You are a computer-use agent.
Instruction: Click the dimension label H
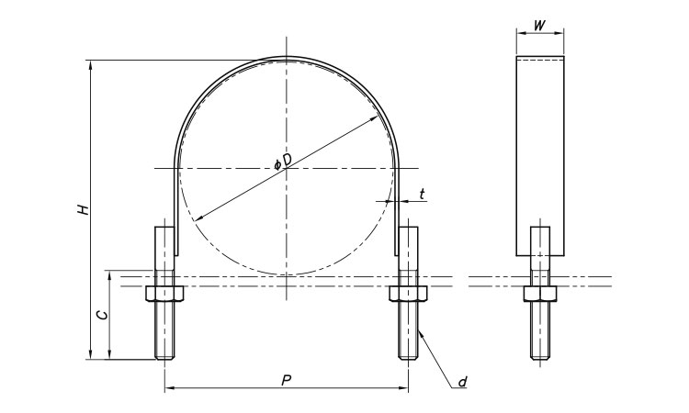83,209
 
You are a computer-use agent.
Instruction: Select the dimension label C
101,315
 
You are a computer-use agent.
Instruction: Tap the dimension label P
287,380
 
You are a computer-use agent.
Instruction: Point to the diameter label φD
283,162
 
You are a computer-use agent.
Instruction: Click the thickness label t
422,194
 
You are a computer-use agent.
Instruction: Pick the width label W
539,26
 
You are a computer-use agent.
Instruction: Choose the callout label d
462,382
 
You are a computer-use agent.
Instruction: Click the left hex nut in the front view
164,294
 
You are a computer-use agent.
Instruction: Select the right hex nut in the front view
408,294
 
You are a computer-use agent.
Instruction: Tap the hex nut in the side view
540,294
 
